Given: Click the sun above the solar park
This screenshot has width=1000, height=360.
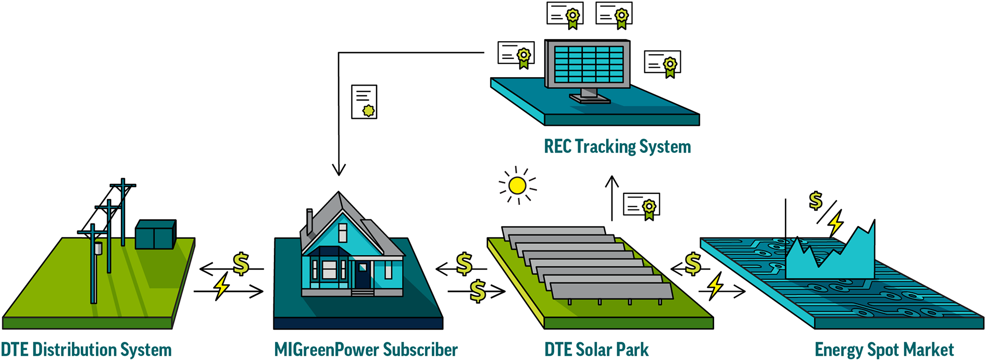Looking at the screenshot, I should coord(517,185).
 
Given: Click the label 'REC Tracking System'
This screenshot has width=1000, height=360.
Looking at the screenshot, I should coord(617,146).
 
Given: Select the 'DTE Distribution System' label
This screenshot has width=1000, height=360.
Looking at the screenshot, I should coord(86,350).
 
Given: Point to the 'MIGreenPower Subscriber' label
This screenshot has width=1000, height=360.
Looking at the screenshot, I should coord(366,350).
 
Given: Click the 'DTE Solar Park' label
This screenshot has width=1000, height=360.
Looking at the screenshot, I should coord(596,350).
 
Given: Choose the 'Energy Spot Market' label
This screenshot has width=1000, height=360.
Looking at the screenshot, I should coord(884,350).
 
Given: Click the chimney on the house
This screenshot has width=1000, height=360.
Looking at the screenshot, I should coord(309,221).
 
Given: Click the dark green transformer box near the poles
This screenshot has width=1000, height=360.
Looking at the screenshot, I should coord(155,234).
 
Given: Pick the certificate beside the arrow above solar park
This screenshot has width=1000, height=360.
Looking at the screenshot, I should coord(642,206).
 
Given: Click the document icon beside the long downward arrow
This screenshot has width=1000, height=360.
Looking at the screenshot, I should coord(364,102).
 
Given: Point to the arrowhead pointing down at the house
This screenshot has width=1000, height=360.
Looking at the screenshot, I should coord(339,170).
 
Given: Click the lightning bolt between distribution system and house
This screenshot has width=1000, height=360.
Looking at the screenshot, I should coord(222,286).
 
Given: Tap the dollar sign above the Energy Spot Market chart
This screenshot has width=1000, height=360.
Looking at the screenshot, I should coord(816,200).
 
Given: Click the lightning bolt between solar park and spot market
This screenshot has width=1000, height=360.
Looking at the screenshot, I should coord(715,286).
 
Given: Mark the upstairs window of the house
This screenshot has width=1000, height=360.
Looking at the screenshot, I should coord(343,232).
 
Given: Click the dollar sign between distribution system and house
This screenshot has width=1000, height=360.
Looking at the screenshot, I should coord(241,264).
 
